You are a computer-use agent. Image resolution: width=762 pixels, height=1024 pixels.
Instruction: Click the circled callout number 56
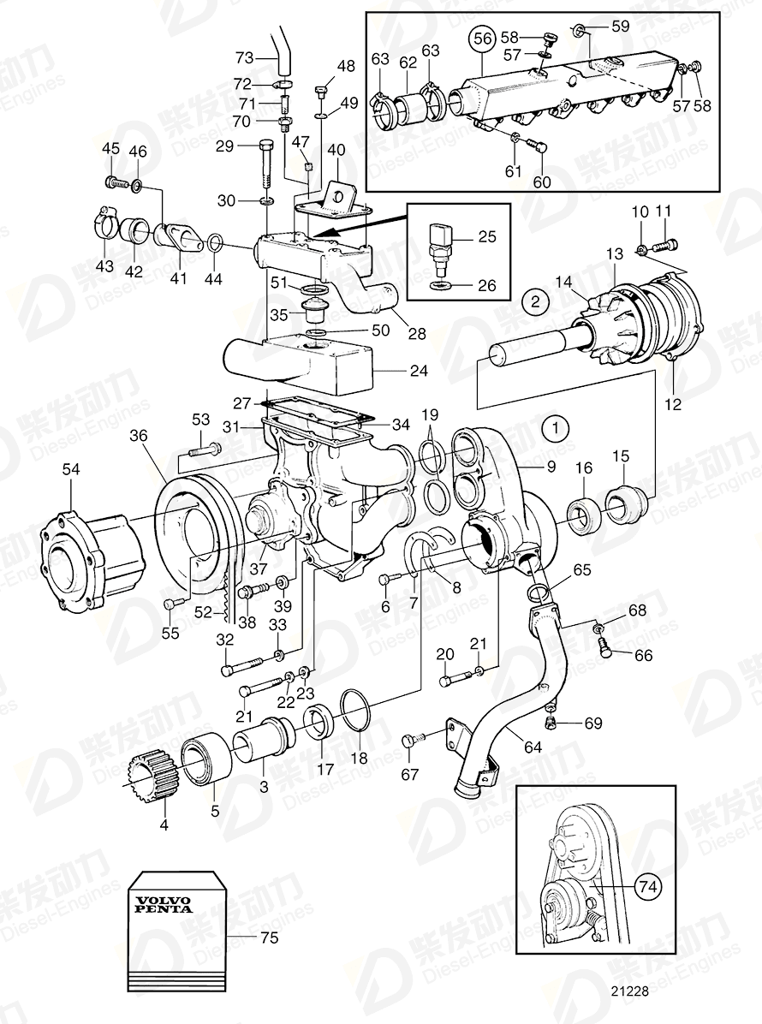(x=483, y=39)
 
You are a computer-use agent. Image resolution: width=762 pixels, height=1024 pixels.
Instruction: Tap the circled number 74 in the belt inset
(x=647, y=888)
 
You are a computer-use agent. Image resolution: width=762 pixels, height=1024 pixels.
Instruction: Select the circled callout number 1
(x=557, y=426)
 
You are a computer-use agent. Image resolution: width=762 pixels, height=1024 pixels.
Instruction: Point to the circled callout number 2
(x=534, y=301)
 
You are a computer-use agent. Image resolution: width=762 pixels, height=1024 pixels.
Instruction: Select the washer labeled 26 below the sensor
(x=439, y=284)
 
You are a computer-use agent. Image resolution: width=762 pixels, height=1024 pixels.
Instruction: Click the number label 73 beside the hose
(x=245, y=57)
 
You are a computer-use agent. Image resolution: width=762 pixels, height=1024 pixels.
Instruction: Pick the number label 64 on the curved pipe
(x=533, y=747)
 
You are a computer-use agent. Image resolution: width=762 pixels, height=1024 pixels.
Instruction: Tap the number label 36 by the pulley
(x=139, y=436)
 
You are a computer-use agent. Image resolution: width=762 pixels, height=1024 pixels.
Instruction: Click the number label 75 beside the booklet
(x=269, y=938)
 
